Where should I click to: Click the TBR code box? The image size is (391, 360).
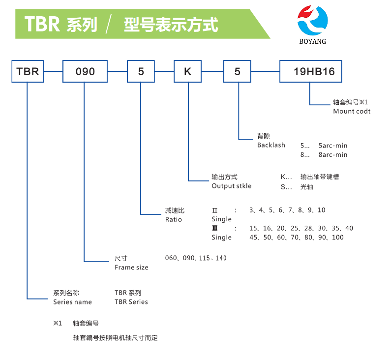[27, 71]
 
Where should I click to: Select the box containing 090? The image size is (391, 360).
[85, 71]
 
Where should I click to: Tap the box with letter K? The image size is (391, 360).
[187, 71]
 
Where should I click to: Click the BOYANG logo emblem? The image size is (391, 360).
[312, 20]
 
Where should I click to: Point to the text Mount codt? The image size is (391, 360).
[352, 111]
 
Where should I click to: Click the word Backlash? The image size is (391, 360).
[271, 145]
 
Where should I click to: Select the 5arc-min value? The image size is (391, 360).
[333, 146]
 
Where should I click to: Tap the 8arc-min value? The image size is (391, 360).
[333, 154]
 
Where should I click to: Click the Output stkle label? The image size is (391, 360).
[231, 186]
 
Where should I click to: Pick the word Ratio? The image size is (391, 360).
[173, 219]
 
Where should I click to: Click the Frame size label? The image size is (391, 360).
[131, 268]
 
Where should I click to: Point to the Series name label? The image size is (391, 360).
[72, 302]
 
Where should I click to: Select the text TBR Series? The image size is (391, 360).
[131, 302]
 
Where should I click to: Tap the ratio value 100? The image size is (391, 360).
[338, 238]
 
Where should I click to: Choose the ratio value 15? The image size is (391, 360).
[253, 228]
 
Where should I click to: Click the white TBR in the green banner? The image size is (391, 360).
[42, 24]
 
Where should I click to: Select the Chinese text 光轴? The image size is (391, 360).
[306, 187]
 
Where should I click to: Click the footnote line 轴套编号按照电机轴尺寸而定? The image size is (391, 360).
[115, 338]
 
